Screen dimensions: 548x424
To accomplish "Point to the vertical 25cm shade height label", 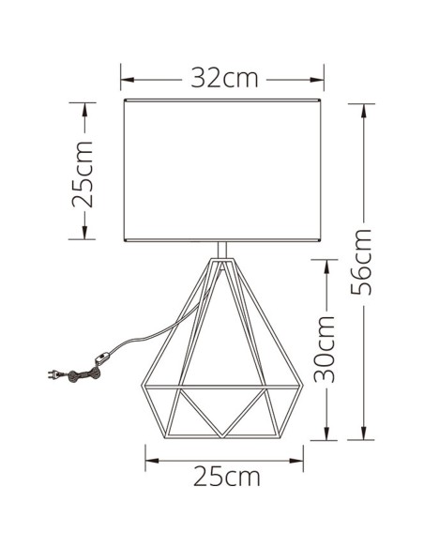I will pyautogui.click(x=84, y=175).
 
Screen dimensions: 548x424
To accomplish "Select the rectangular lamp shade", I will pyautogui.click(x=223, y=171).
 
